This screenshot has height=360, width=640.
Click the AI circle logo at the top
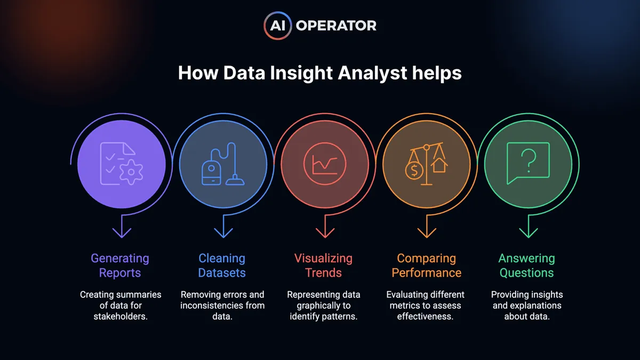pos(277,26)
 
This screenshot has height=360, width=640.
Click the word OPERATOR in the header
pos(336,26)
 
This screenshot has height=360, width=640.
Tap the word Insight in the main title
pos(301,73)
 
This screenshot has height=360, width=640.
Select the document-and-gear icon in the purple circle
pos(122,163)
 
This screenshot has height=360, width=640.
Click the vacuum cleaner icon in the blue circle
pos(223,164)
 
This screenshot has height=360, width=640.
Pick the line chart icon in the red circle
pos(325,164)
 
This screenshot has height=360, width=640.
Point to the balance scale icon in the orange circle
pos(426,164)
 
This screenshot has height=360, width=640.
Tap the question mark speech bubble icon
pos(528,163)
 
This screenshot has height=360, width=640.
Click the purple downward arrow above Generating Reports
pos(122,226)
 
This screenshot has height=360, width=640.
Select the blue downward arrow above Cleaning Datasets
pos(223,226)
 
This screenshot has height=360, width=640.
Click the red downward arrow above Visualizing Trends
pos(325,226)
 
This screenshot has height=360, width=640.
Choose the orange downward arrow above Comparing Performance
pos(427,226)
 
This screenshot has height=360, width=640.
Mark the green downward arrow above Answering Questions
pos(529,226)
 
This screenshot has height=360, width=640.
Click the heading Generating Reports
pos(120,266)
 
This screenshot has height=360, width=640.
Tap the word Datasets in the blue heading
pos(222,273)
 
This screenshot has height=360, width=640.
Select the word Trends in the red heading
pos(323,273)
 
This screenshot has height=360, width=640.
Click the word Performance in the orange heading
pos(427,273)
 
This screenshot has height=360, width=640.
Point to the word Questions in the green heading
pos(526,273)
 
